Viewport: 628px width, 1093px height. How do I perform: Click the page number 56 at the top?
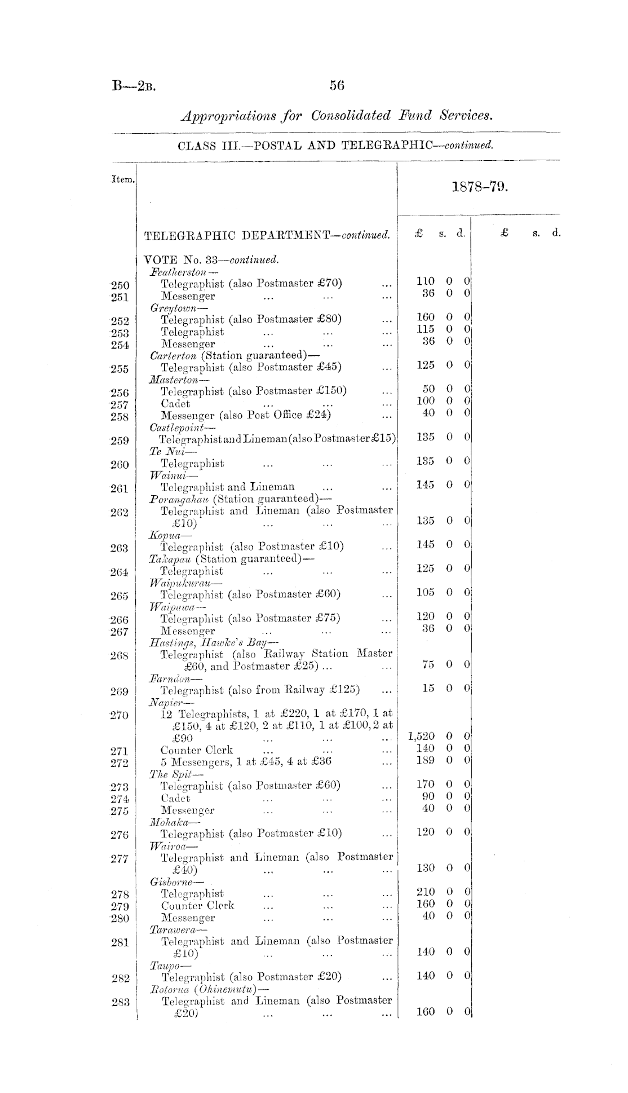[x=337, y=85]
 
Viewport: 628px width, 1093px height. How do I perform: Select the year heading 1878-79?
[x=480, y=187]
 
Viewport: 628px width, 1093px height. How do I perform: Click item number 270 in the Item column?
[x=120, y=716]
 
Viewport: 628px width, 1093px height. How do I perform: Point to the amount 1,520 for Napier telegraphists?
[x=421, y=736]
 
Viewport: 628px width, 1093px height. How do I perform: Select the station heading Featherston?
[x=175, y=272]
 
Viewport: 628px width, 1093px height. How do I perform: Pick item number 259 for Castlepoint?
[x=120, y=440]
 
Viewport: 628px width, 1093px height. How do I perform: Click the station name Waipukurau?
[x=178, y=582]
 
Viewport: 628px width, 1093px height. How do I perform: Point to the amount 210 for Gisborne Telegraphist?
[x=426, y=892]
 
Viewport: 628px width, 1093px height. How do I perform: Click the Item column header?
[x=122, y=179]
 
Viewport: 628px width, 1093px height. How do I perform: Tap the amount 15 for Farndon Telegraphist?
[x=428, y=689]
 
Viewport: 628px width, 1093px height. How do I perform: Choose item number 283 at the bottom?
[x=120, y=1002]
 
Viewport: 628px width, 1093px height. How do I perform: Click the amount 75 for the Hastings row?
[x=428, y=664]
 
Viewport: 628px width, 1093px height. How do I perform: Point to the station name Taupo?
[x=163, y=966]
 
